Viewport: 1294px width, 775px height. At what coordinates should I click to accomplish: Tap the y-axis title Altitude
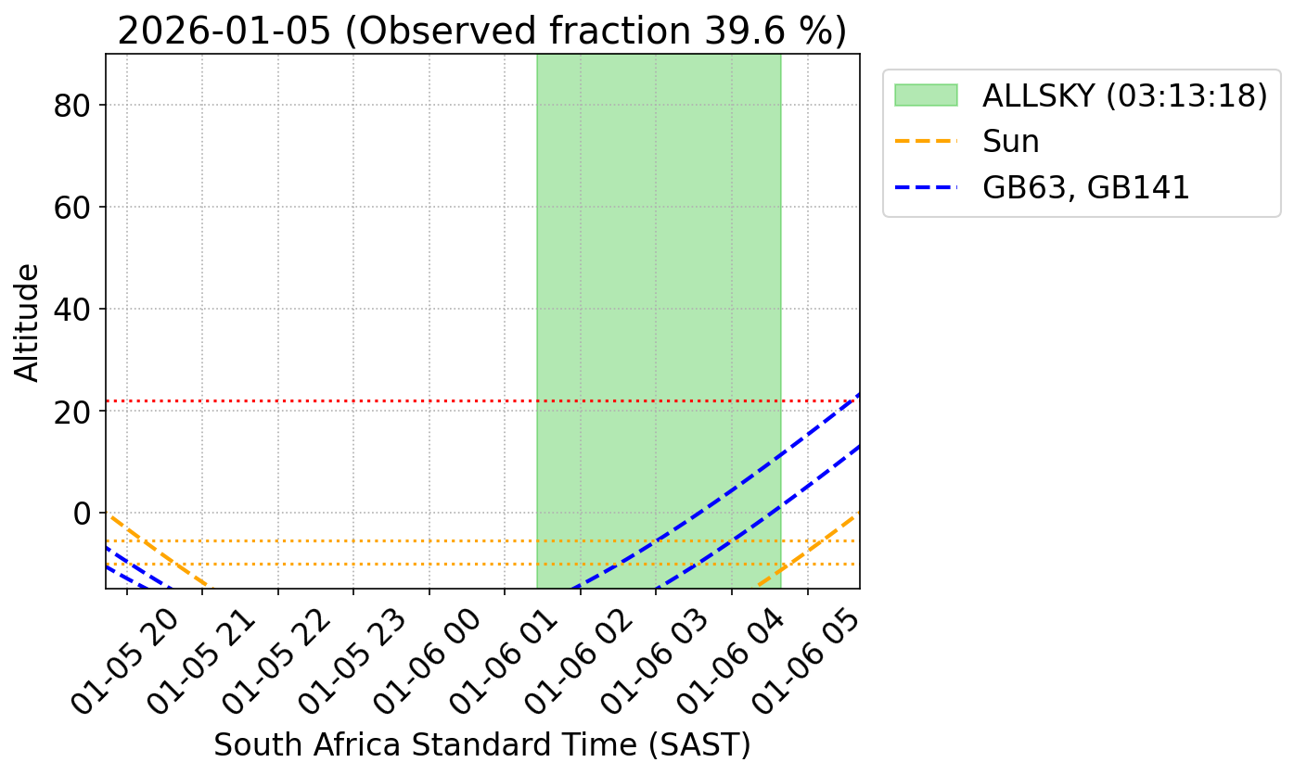tap(28, 322)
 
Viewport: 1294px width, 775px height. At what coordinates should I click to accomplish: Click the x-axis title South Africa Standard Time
tap(481, 744)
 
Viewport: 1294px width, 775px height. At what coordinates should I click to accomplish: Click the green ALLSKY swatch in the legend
tap(925, 95)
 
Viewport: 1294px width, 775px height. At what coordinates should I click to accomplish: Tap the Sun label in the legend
tap(1011, 142)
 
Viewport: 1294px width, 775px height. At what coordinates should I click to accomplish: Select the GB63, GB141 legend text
tap(1085, 187)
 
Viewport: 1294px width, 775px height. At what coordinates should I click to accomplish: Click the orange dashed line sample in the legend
tap(925, 142)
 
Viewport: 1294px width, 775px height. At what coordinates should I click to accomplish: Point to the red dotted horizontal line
tap(325, 400)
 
